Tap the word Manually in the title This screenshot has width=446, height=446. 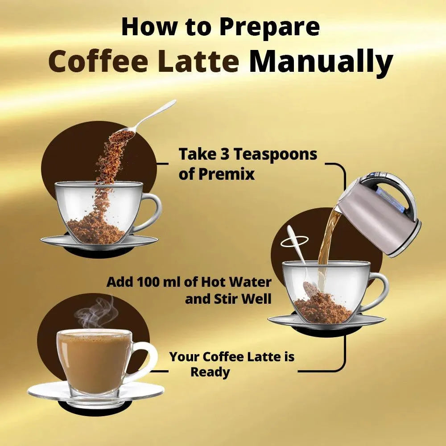(321, 62)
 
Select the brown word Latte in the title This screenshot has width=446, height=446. (198, 61)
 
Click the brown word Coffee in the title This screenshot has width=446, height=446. (99, 61)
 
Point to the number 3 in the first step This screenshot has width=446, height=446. (224, 154)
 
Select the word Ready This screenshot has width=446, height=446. (210, 372)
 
